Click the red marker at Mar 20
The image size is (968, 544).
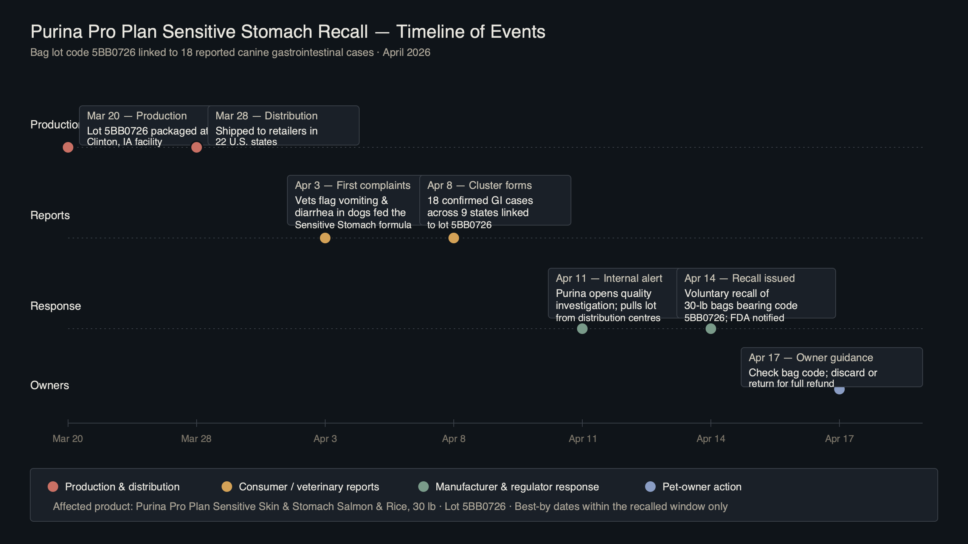(x=68, y=147)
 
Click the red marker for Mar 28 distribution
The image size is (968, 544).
(x=197, y=148)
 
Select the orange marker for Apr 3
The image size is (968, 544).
(x=325, y=238)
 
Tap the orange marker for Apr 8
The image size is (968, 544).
(x=454, y=238)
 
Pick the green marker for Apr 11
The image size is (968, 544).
(x=582, y=329)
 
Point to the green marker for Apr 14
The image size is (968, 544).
(x=711, y=329)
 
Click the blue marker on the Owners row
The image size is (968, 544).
(x=839, y=390)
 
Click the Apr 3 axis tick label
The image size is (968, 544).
(x=325, y=439)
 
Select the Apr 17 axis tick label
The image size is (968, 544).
(x=839, y=439)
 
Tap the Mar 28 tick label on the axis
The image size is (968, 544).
(x=196, y=439)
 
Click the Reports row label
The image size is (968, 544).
(x=50, y=215)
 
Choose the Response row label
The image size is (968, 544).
(x=56, y=306)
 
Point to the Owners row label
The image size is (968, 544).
(x=50, y=385)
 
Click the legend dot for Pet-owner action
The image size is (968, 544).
(x=650, y=487)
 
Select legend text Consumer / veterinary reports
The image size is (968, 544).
(x=309, y=487)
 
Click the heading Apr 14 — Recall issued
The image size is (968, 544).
(x=739, y=278)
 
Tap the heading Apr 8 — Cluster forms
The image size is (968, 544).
(x=479, y=185)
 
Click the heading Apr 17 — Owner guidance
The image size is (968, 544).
(x=811, y=358)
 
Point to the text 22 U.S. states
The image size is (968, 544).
(x=246, y=142)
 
